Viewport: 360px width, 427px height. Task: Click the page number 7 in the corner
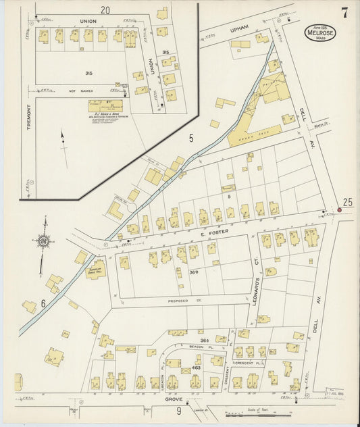click(344, 13)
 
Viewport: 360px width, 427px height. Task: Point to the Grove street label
click(174, 400)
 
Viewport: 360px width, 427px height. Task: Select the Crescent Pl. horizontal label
click(245, 363)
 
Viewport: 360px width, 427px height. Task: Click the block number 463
click(197, 368)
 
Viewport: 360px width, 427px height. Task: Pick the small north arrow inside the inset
click(63, 140)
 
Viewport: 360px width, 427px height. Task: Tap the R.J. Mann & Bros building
click(105, 107)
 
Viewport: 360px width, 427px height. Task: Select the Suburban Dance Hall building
click(96, 269)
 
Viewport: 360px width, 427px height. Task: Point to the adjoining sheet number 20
click(105, 10)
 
